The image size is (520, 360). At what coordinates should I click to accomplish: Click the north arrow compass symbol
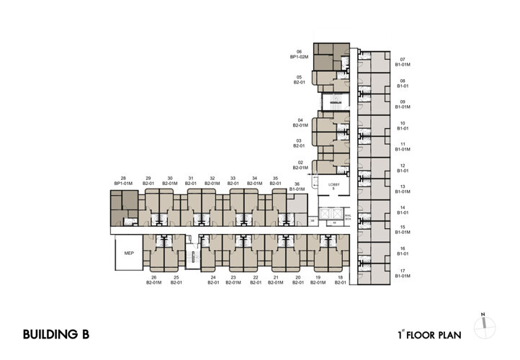488,325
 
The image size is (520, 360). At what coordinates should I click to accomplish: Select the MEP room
129,253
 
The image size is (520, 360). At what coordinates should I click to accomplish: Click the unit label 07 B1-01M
403,62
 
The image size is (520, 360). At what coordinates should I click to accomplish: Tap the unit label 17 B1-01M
403,273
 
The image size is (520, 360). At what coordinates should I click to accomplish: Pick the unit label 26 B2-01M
153,280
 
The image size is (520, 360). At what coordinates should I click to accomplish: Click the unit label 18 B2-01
340,280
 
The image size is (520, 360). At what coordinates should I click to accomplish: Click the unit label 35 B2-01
275,181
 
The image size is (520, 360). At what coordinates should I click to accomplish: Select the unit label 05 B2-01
299,80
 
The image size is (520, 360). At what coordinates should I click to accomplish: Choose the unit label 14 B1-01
403,210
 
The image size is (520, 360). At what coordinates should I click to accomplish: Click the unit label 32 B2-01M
212,181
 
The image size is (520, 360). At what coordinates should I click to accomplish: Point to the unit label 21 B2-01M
276,280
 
